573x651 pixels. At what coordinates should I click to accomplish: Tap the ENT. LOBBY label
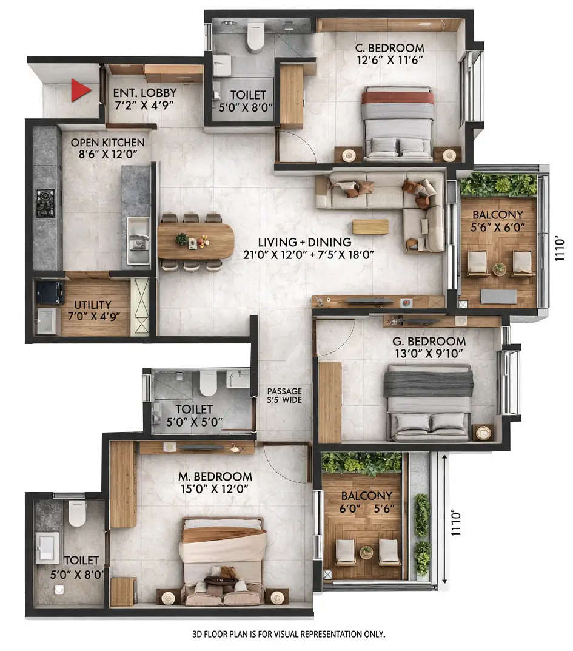pyautogui.click(x=145, y=93)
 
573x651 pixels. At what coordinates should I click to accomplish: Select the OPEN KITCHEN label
pyautogui.click(x=108, y=143)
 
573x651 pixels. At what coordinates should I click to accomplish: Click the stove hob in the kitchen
pyautogui.click(x=45, y=203)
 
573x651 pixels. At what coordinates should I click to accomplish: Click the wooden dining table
pyautogui.click(x=195, y=241)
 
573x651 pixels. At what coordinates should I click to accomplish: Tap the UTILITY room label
pyautogui.click(x=93, y=305)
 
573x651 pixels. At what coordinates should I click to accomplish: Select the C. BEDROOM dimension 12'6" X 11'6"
pyautogui.click(x=389, y=59)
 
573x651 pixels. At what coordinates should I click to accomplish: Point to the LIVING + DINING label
pyautogui.click(x=303, y=242)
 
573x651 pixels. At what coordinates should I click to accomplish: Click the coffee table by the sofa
pyautogui.click(x=370, y=226)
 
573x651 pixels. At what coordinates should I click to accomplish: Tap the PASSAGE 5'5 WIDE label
pyautogui.click(x=284, y=396)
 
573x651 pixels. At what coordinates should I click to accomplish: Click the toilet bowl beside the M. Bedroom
pyautogui.click(x=77, y=513)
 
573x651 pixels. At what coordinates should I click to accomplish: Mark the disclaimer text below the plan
pyautogui.click(x=288, y=634)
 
